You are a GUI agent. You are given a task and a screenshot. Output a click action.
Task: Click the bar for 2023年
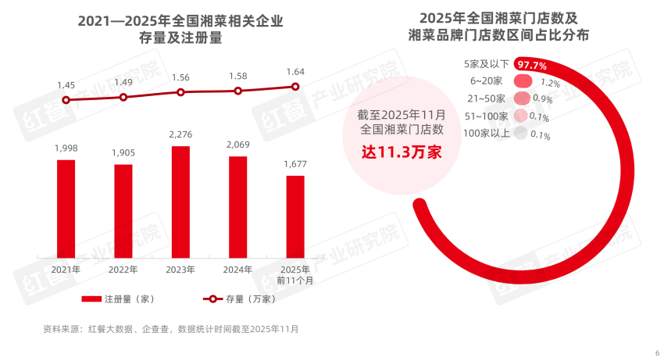tap(180, 202)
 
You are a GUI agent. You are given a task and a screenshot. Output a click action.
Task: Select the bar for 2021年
tap(66, 209)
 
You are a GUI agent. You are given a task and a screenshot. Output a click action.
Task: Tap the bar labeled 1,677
tap(295, 216)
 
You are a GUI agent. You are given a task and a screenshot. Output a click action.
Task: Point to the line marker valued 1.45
tap(66, 100)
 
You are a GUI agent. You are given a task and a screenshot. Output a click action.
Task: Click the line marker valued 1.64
tap(295, 87)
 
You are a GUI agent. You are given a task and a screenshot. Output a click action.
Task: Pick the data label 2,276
tap(180, 135)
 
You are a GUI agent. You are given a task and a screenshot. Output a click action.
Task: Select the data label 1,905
tap(123, 153)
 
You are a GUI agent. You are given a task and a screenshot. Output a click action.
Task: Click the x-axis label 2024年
tap(237, 270)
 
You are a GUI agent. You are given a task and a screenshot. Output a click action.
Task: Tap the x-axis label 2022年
tap(123, 270)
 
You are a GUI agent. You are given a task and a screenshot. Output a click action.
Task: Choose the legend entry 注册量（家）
tap(121, 298)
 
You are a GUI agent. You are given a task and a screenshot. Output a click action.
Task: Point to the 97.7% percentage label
tap(531, 66)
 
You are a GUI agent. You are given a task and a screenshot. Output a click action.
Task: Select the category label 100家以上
tap(485, 134)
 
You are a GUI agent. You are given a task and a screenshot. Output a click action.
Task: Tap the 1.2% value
tap(551, 82)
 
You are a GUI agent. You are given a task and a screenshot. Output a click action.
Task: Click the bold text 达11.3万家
tap(401, 152)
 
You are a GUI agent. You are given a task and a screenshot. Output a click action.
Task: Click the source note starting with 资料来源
tap(170, 329)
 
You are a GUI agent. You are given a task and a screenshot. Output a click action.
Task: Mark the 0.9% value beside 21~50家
tap(542, 99)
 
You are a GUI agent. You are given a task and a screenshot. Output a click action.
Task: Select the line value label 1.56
tap(180, 77)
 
